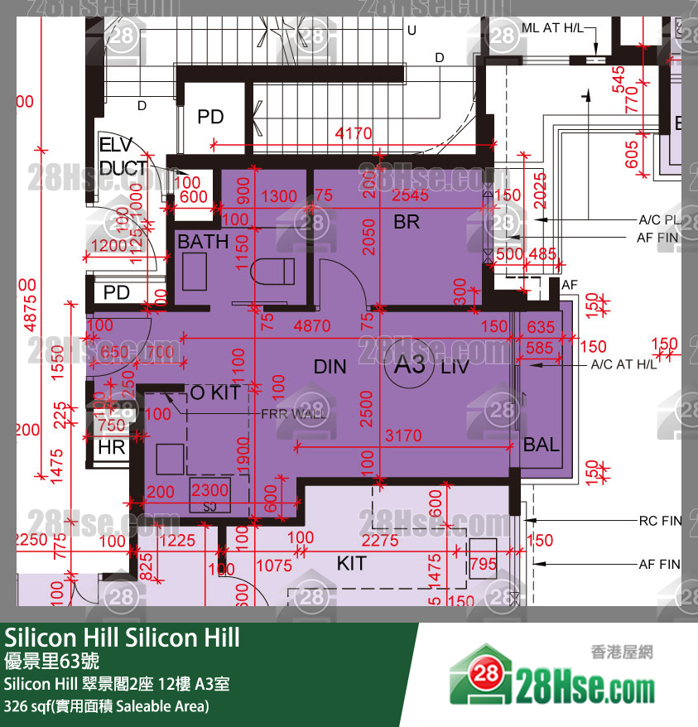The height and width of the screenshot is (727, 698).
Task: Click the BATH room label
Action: pyautogui.click(x=203, y=242)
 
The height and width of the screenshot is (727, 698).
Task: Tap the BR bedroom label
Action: pyautogui.click(x=407, y=222)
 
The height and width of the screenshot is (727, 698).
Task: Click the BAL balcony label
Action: pyautogui.click(x=541, y=445)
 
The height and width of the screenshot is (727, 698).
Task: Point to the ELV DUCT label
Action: pyautogui.click(x=123, y=156)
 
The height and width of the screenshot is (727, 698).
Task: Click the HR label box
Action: pyautogui.click(x=111, y=447)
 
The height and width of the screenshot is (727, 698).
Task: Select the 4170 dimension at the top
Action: pyautogui.click(x=353, y=133)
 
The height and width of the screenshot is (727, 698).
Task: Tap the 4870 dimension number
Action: pyautogui.click(x=312, y=326)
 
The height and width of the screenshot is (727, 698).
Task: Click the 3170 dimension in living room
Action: pyautogui.click(x=403, y=436)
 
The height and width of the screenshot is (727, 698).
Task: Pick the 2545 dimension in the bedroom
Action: pyautogui.click(x=410, y=196)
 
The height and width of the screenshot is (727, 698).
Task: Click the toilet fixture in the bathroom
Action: pyautogui.click(x=274, y=270)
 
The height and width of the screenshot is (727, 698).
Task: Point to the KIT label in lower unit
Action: pyautogui.click(x=351, y=564)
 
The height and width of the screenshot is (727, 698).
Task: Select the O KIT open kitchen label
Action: pyautogui.click(x=215, y=392)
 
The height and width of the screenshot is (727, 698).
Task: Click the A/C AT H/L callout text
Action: pyautogui.click(x=623, y=364)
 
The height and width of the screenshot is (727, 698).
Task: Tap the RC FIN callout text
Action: pyautogui.click(x=659, y=522)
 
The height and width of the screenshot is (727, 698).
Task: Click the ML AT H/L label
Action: pyautogui.click(x=553, y=28)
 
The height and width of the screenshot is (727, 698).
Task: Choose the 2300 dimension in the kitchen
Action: pyautogui.click(x=209, y=491)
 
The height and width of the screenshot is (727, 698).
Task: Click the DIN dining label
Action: pyautogui.click(x=330, y=367)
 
